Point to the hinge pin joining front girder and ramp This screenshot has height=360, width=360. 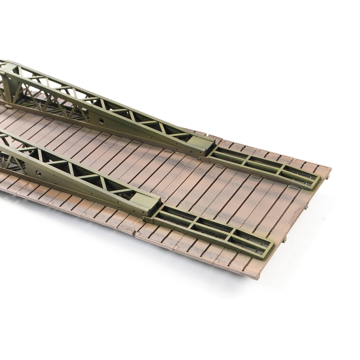(x=147, y=218)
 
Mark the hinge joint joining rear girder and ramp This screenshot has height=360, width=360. (x=200, y=157)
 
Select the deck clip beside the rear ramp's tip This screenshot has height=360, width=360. (x=293, y=186)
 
